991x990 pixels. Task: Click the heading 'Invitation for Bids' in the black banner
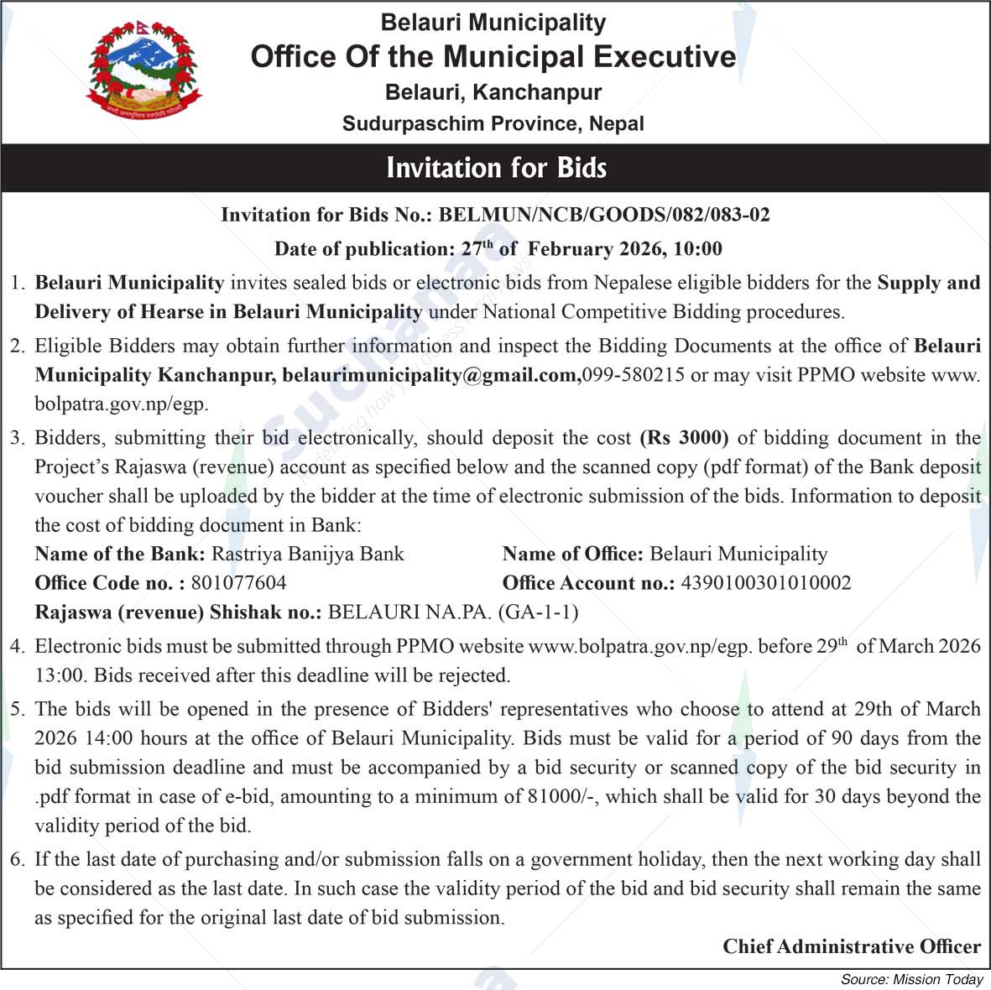pyautogui.click(x=496, y=168)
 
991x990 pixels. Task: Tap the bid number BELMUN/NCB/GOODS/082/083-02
pyautogui.click(x=604, y=215)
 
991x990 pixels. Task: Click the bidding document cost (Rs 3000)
pyautogui.click(x=684, y=438)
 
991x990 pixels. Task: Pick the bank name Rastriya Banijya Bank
pyautogui.click(x=307, y=554)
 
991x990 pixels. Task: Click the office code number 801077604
pyautogui.click(x=238, y=583)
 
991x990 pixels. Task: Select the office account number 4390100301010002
pyautogui.click(x=766, y=583)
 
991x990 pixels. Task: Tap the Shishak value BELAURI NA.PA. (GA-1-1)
pyautogui.click(x=453, y=612)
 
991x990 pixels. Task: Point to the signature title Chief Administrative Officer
pyautogui.click(x=851, y=946)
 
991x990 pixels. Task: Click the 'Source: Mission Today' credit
pyautogui.click(x=911, y=979)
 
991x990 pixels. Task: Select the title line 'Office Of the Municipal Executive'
pyautogui.click(x=493, y=57)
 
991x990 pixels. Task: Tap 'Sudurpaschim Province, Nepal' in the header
pyautogui.click(x=493, y=124)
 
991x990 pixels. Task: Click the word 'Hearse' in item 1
pyautogui.click(x=175, y=312)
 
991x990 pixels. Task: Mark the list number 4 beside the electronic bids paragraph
pyautogui.click(x=17, y=646)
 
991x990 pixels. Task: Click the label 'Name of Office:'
pyautogui.click(x=572, y=554)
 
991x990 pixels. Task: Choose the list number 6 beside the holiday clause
pyautogui.click(x=17, y=859)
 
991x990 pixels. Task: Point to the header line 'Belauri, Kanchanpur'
pyautogui.click(x=493, y=92)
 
